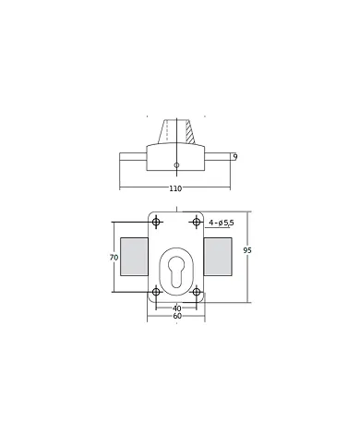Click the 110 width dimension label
pyautogui.click(x=175, y=188)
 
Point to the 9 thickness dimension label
pyautogui.click(x=236, y=158)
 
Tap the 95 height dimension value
pyautogui.click(x=246, y=250)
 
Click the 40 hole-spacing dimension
pyautogui.click(x=175, y=308)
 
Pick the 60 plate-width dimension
pyautogui.click(x=175, y=318)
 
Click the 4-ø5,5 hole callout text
pyautogui.click(x=222, y=223)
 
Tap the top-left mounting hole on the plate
pyautogui.click(x=156, y=222)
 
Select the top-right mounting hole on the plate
pyautogui.click(x=196, y=222)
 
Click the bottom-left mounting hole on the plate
pyautogui.click(x=156, y=293)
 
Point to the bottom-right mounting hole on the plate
pyautogui.click(x=196, y=293)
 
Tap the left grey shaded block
pyautogui.click(x=134, y=256)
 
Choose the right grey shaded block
pyautogui.click(x=218, y=256)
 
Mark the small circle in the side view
pyautogui.click(x=176, y=166)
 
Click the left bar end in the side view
pyautogui.click(x=129, y=159)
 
